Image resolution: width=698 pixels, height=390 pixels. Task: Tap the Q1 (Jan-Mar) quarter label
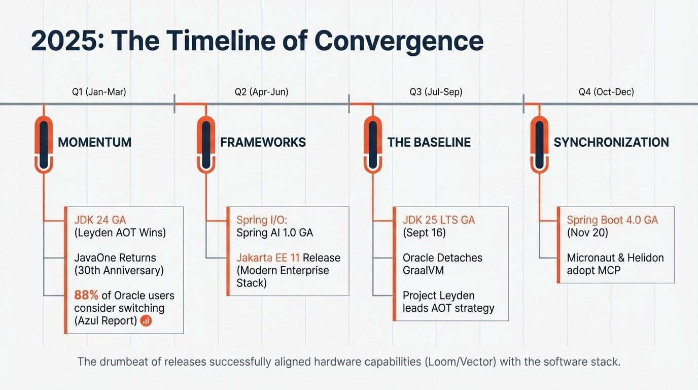[99, 92]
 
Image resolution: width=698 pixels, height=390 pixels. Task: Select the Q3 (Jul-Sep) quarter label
[436, 92]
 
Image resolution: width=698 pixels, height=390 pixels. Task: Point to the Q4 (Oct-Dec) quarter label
[606, 92]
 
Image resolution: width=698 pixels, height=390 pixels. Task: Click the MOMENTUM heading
[94, 142]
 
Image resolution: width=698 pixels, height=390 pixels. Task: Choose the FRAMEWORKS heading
[263, 142]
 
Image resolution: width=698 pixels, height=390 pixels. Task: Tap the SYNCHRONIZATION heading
[611, 142]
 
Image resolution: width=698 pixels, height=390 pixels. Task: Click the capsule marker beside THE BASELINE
[373, 144]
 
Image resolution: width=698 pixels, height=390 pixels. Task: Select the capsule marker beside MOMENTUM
[44, 144]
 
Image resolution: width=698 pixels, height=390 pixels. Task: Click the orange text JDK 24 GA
[100, 220]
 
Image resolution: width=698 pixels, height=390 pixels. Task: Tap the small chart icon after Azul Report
[146, 320]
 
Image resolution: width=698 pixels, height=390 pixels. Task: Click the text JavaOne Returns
[115, 257]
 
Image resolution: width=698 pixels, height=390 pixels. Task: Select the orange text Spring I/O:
[262, 220]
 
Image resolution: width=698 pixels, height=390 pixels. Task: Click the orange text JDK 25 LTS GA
[439, 220]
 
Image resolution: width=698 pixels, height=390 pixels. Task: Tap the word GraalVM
[423, 270]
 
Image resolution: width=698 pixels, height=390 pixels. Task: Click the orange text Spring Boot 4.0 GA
[612, 220]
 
